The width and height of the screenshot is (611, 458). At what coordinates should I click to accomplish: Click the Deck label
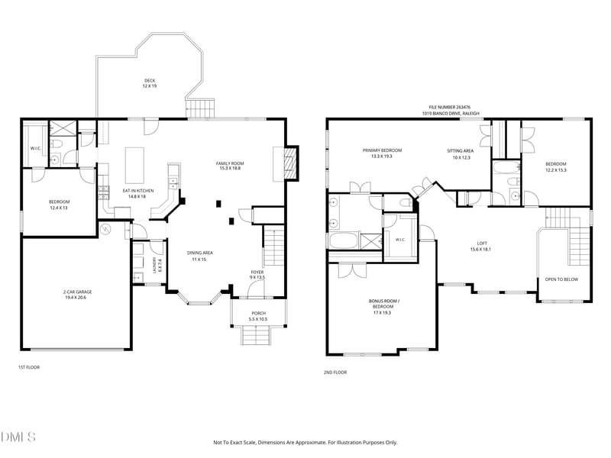click(x=150, y=83)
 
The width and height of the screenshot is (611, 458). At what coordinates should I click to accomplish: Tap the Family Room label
click(x=230, y=166)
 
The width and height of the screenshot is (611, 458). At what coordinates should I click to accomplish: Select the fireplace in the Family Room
click(x=291, y=163)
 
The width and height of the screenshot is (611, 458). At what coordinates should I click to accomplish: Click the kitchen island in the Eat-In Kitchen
click(x=134, y=165)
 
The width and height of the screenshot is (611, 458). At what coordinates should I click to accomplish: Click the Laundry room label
click(x=157, y=265)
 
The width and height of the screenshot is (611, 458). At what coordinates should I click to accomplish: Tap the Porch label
click(x=258, y=316)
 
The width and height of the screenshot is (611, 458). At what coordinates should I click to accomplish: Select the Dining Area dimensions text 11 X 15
click(x=199, y=260)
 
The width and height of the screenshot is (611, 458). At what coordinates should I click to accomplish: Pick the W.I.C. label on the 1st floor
click(x=36, y=148)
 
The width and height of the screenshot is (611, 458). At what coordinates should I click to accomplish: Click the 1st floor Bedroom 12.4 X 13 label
click(x=60, y=205)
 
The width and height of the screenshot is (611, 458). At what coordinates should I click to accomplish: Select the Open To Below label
click(x=561, y=279)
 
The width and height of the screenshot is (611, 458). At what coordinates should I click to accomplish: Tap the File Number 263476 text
click(x=450, y=107)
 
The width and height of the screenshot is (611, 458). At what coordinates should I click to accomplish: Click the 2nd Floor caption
click(x=335, y=373)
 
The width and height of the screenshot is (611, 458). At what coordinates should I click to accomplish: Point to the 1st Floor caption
click(x=29, y=367)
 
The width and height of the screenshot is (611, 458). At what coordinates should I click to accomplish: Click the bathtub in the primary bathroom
click(x=344, y=240)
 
